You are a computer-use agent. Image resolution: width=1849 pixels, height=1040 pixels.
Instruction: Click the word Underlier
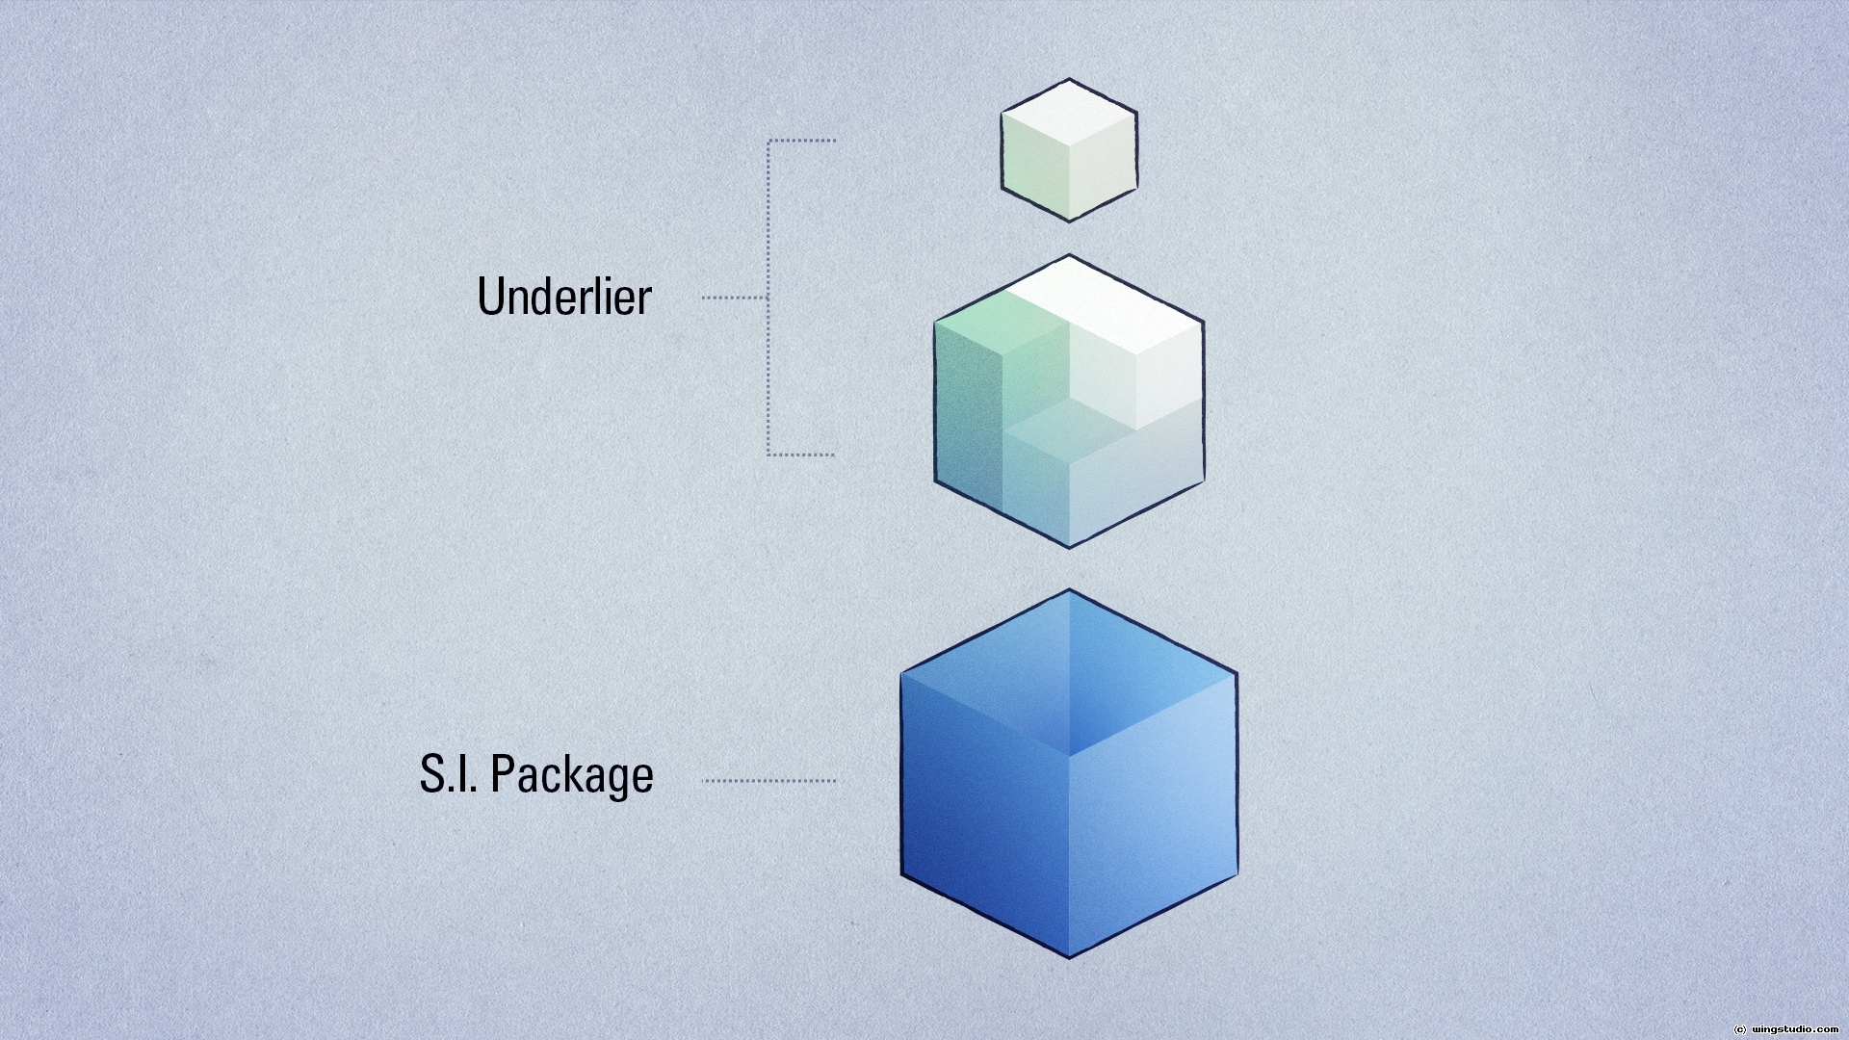[564, 297]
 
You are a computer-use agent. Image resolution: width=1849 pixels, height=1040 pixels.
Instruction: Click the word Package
[572, 775]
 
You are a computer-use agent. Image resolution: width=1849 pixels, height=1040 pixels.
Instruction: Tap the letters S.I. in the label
[448, 773]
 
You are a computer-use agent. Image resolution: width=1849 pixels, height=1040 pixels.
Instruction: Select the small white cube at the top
[1069, 150]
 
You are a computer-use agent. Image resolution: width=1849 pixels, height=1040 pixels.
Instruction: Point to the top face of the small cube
[1069, 113]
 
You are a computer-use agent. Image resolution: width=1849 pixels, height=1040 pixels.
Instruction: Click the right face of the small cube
[1104, 168]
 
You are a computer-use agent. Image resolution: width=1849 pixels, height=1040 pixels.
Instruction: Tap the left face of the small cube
[1034, 168]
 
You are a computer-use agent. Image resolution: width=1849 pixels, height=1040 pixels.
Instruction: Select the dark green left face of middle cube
[967, 414]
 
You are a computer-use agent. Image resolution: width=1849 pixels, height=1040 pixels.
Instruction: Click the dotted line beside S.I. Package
[769, 781]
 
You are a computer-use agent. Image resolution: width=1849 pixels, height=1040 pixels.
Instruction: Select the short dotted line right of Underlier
[734, 298]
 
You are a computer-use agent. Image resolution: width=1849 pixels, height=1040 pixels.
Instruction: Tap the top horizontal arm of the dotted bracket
[802, 141]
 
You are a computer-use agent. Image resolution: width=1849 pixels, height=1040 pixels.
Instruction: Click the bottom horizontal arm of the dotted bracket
[801, 455]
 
